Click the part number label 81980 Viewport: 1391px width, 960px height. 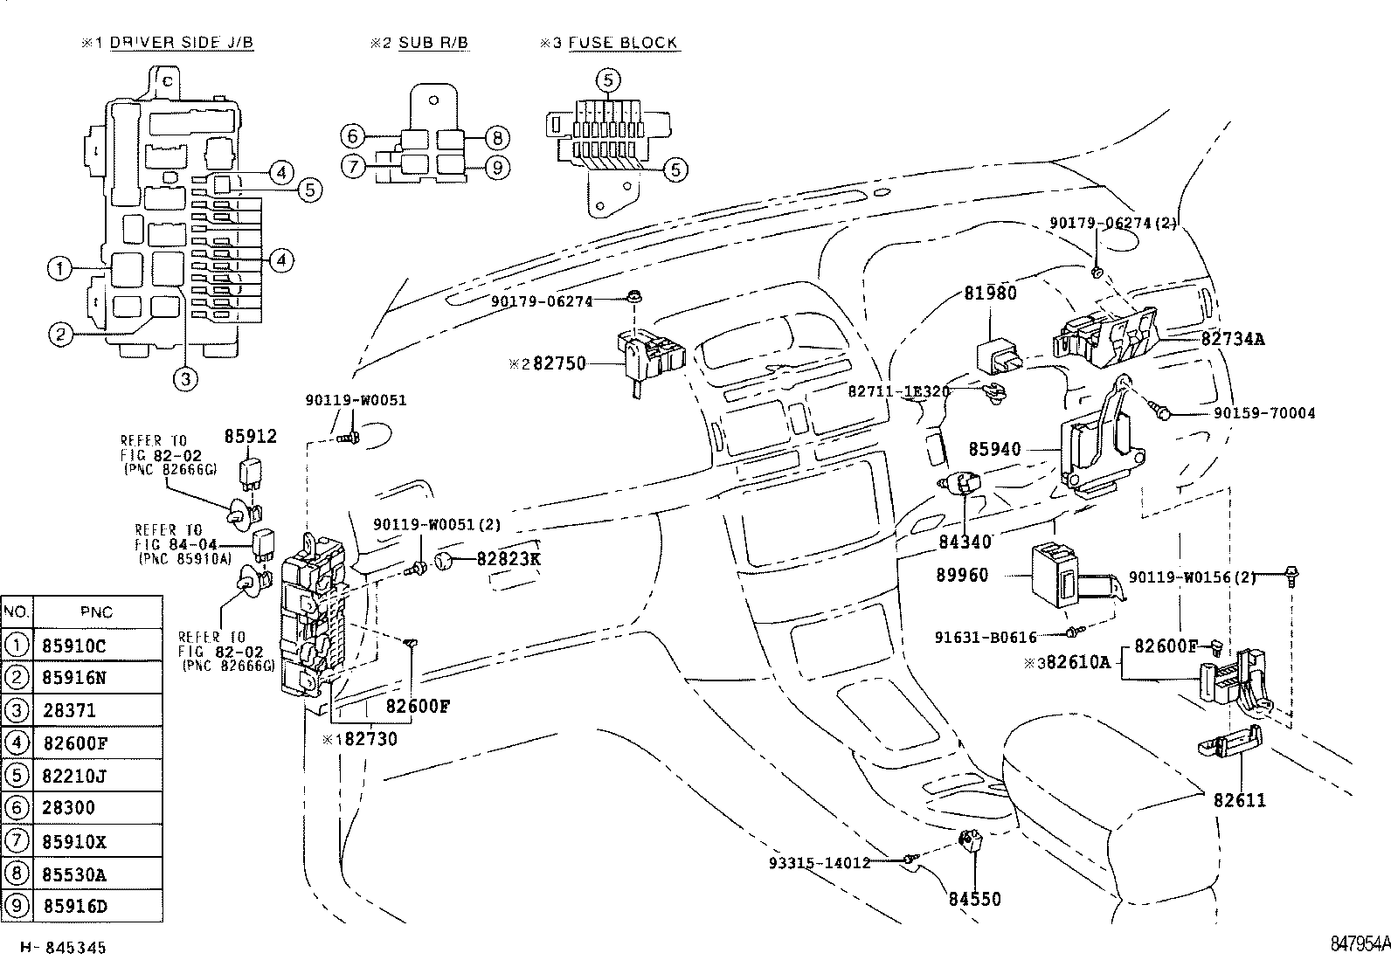point(990,294)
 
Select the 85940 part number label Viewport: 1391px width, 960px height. point(993,450)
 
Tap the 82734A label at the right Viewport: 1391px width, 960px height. point(1232,339)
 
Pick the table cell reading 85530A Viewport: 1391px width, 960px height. point(74,874)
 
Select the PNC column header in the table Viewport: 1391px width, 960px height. point(96,612)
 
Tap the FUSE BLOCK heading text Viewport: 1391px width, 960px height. point(623,43)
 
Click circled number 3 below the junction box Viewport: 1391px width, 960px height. point(185,378)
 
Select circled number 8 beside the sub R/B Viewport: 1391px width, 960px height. point(496,137)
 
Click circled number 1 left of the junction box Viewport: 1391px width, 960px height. point(59,269)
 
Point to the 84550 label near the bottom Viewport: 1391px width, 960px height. point(974,899)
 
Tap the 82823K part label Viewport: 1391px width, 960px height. point(508,558)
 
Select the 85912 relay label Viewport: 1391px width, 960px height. point(251,436)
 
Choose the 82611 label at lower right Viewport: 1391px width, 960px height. point(1238,800)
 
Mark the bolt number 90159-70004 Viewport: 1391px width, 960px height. point(1263,413)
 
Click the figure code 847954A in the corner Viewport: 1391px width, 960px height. point(1360,944)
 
